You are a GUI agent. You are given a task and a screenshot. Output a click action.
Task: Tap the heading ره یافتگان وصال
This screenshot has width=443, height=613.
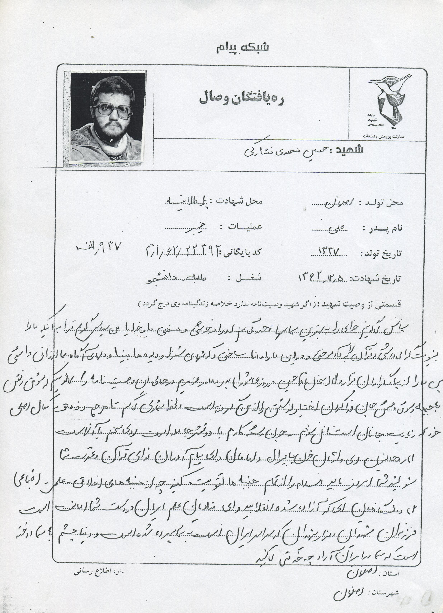coord(241,99)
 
